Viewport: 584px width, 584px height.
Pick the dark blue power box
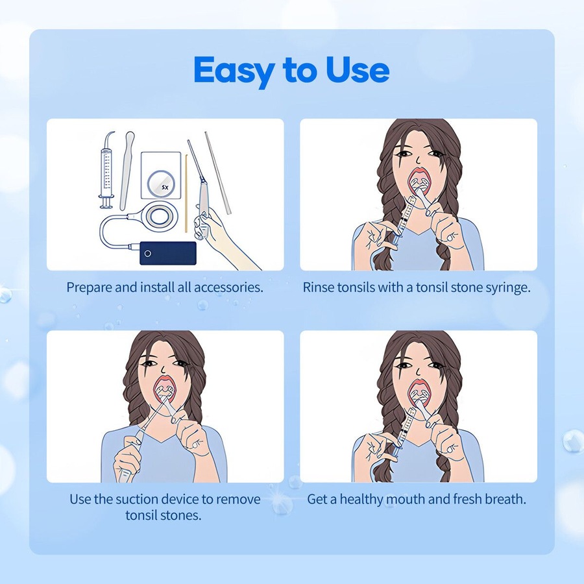click(167, 253)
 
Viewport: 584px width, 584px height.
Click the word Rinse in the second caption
click(319, 287)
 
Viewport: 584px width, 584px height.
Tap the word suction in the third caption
click(139, 500)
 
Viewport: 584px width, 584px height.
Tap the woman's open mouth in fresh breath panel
click(418, 394)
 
